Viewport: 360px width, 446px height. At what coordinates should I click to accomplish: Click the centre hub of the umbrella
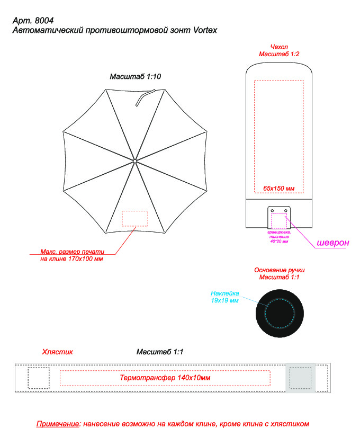tap(134, 160)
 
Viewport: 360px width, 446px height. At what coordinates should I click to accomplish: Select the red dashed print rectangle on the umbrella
tap(135, 218)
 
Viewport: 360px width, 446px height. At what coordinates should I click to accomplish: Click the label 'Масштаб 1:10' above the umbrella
tap(135, 77)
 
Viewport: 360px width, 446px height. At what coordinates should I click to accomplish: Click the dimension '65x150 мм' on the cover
tap(278, 189)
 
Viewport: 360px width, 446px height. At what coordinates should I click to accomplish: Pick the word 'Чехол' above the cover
tap(279, 47)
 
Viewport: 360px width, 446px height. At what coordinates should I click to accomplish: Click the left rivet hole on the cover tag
tap(272, 211)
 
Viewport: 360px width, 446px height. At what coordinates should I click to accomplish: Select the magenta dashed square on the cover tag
tap(279, 221)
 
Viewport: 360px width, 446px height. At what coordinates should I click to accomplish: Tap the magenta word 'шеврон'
tap(332, 243)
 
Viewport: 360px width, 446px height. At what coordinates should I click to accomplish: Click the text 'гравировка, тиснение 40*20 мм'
tap(279, 237)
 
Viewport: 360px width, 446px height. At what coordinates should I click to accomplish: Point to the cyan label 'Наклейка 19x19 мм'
tap(225, 297)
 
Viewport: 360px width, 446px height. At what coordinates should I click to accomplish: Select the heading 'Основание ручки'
tap(279, 270)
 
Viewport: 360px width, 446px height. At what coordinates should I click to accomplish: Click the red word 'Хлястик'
tap(57, 352)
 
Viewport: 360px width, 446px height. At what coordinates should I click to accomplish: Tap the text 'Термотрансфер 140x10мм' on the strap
tap(165, 378)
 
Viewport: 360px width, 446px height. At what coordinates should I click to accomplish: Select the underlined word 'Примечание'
tap(58, 424)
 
